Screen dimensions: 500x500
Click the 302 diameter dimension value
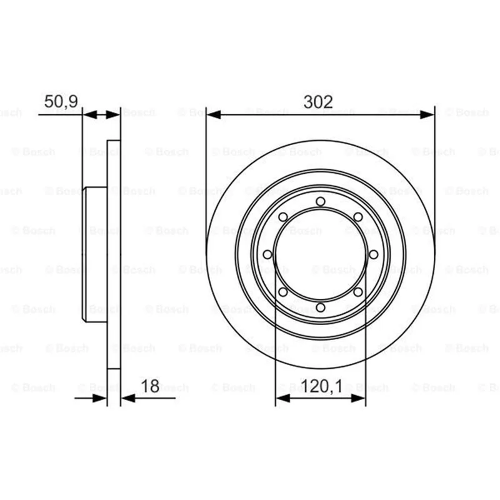click(x=318, y=102)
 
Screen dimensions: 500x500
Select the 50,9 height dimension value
click(x=61, y=102)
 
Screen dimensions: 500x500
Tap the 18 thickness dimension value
click(x=150, y=386)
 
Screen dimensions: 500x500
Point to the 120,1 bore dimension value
click(x=321, y=386)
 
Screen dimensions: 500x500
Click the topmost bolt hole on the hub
click(x=321, y=201)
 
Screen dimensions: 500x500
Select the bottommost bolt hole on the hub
click(x=321, y=307)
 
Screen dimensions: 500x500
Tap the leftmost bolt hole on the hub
click(x=267, y=254)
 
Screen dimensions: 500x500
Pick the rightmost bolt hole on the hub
click(x=373, y=254)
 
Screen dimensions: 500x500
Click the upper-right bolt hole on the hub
click(x=358, y=217)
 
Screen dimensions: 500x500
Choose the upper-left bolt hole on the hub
click(x=283, y=217)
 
